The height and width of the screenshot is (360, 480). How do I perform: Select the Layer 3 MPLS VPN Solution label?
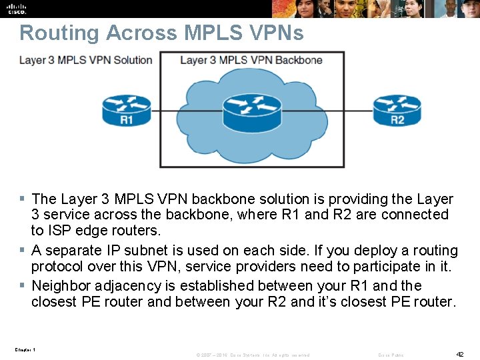click(86, 60)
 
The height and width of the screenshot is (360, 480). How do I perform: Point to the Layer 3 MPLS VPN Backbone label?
click(251, 60)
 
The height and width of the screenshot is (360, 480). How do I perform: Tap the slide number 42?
click(459, 354)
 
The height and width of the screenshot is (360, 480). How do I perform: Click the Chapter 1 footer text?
click(25, 350)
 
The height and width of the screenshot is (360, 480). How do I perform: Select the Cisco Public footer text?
click(391, 355)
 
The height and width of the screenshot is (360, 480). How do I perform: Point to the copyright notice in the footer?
click(253, 355)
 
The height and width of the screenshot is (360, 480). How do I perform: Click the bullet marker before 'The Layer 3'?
click(23, 199)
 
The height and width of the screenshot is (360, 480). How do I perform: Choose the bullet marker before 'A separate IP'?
click(23, 251)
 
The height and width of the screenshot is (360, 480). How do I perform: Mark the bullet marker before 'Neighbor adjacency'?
click(23, 285)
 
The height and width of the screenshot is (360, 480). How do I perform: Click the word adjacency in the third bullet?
click(128, 287)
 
